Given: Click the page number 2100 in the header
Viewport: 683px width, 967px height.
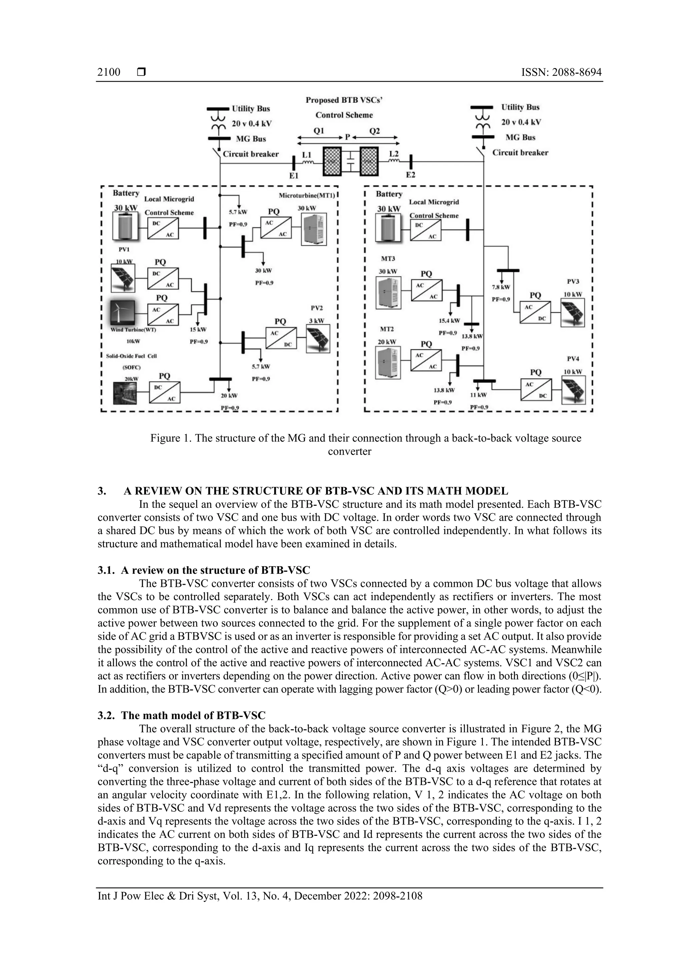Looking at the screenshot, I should click(x=109, y=72).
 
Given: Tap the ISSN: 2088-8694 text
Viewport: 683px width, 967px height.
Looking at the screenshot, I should click(x=561, y=72).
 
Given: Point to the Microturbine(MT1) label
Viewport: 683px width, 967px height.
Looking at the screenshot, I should click(x=307, y=195).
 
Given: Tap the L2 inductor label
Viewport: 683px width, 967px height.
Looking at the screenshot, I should click(x=394, y=154).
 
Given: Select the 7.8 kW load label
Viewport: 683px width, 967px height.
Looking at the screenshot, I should click(x=501, y=287).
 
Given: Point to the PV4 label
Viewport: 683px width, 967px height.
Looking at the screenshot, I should click(x=573, y=359).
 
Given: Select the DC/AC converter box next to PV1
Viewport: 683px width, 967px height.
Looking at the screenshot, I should click(x=163, y=279).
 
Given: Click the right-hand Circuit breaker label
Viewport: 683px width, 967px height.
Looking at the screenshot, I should click(x=520, y=153).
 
